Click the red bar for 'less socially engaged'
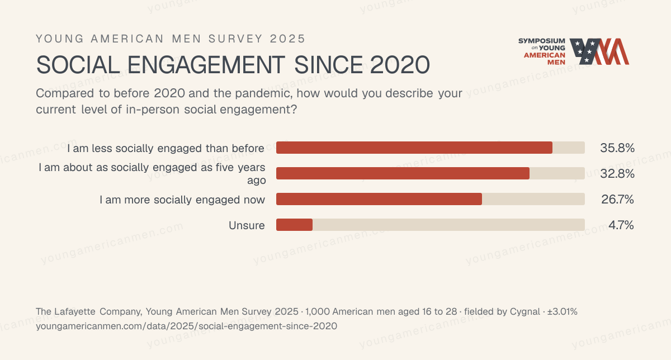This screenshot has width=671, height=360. click(414, 148)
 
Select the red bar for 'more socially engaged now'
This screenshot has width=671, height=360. click(379, 199)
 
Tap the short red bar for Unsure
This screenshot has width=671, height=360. click(294, 225)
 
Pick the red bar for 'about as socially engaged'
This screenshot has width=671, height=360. click(403, 173)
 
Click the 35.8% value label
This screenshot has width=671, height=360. click(617, 148)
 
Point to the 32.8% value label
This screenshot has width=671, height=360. click(617, 174)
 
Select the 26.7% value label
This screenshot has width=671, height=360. click(617, 200)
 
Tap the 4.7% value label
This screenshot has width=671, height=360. click(621, 225)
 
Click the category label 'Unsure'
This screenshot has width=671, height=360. click(247, 225)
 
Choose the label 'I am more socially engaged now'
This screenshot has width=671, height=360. click(182, 200)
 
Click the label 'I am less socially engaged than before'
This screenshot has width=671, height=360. click(166, 148)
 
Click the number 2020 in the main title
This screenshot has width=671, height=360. click(400, 65)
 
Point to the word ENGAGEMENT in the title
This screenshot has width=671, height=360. click(206, 65)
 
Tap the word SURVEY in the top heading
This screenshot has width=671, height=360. click(236, 39)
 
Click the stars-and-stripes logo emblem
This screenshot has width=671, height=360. click(599, 51)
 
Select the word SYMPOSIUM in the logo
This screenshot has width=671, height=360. click(542, 41)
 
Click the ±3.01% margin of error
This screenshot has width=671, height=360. click(563, 312)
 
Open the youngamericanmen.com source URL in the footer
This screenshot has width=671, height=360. click(186, 326)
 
